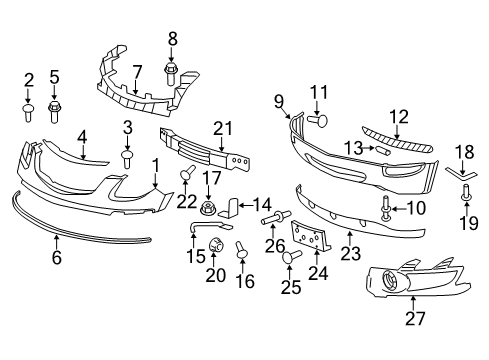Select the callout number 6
pyautogui.click(x=56, y=257)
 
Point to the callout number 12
pyautogui.click(x=400, y=115)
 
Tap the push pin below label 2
pyautogui.click(x=29, y=108)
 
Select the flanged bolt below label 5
pyautogui.click(x=56, y=107)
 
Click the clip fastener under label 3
pyautogui.click(x=127, y=156)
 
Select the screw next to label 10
pyautogui.click(x=385, y=209)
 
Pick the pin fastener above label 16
pyautogui.click(x=242, y=249)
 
